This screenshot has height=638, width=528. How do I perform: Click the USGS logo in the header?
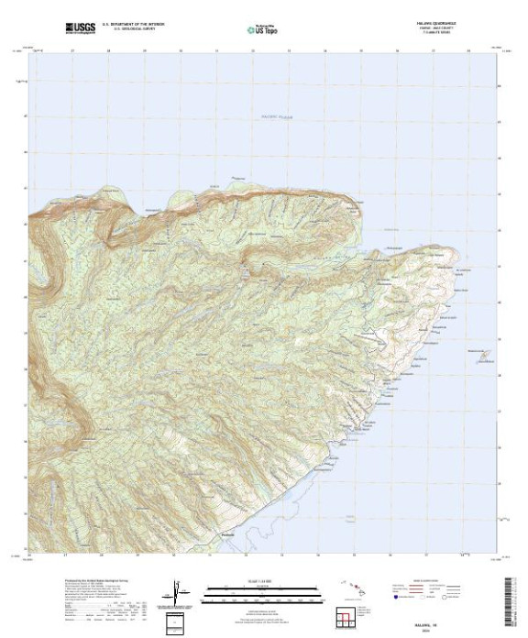pos(82,28)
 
